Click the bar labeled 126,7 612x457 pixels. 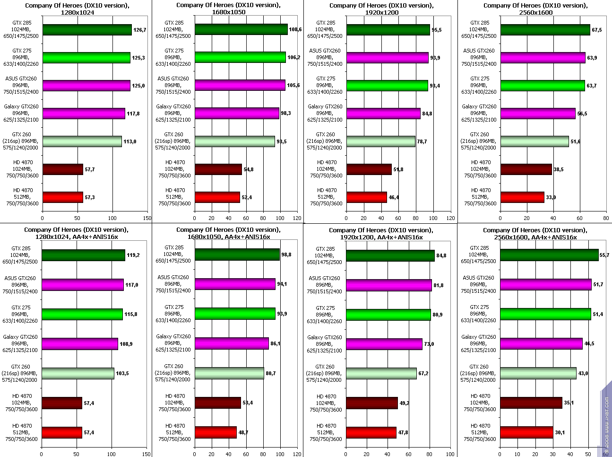pos(87,30)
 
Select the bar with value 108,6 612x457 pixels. pos(241,29)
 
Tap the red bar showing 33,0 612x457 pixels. pos(522,197)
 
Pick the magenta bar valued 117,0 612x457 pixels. pos(83,285)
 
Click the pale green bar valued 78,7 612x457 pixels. pos(380,141)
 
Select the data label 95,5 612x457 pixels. pos(438,30)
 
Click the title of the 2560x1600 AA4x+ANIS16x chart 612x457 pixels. pos(535,234)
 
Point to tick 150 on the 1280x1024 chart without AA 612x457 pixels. pos(147,218)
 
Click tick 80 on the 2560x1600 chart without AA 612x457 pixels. pos(605,218)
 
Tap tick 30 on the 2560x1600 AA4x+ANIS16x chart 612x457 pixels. pos(553,453)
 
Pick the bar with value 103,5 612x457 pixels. pos(78,374)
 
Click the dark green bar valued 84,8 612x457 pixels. pos(390,255)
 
